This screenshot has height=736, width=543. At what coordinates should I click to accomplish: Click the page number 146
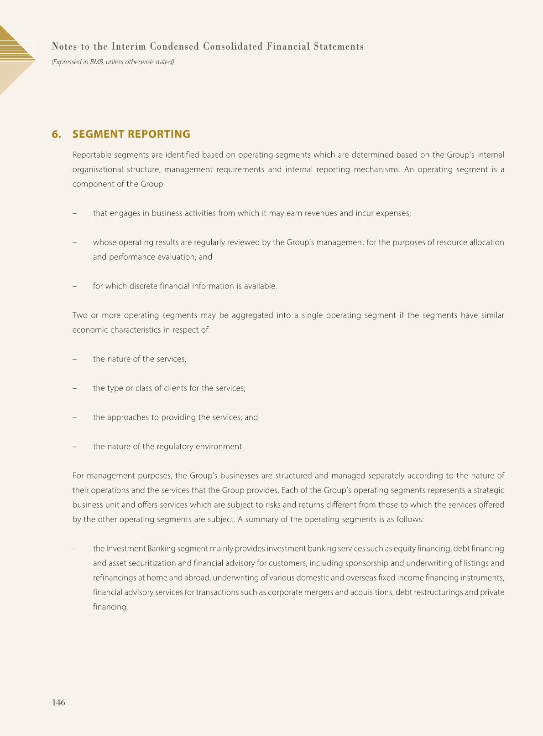click(58, 702)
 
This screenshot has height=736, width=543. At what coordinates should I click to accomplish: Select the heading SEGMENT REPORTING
click(131, 134)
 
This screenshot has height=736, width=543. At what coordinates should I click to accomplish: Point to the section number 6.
click(56, 134)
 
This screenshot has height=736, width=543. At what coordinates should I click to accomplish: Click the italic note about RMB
click(113, 62)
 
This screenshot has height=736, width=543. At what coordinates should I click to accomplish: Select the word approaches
click(131, 417)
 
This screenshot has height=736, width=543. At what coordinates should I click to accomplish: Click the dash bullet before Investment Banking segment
click(74, 549)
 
